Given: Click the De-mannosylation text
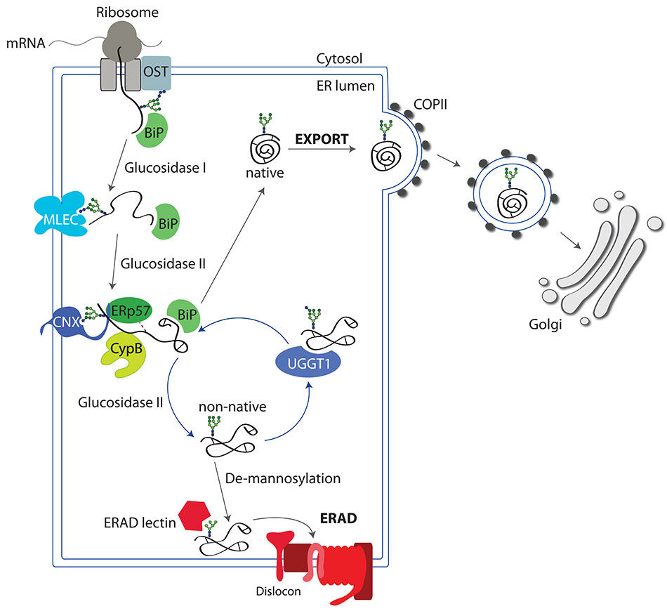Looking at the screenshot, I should pyautogui.click(x=284, y=478).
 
